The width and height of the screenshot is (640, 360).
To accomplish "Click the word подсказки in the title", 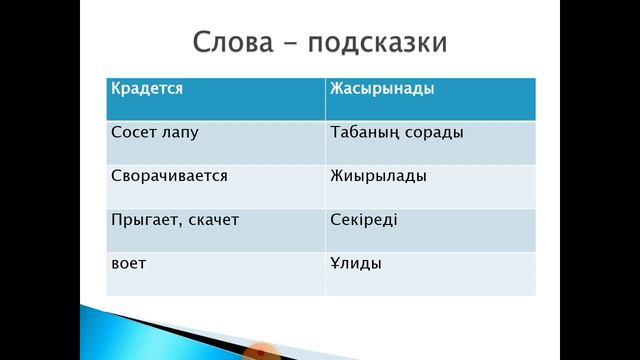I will tap(378, 45).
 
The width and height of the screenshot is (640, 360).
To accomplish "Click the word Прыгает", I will tap(143, 220).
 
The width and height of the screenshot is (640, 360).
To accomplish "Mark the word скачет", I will tap(211, 220).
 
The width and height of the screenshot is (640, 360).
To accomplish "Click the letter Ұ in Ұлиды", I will tap(335, 263).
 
